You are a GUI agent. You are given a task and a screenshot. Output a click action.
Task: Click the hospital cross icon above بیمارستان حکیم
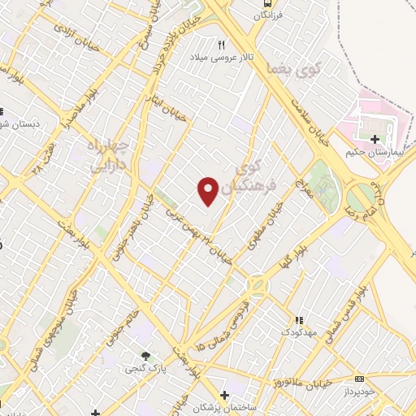pyautogui.click(x=375, y=139)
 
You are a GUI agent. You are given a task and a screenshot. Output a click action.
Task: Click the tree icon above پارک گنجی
pyautogui.click(x=145, y=356)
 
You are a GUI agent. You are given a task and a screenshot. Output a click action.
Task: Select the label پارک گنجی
pyautogui.click(x=145, y=368)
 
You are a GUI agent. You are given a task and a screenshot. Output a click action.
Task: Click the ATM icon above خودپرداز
pyautogui.click(x=360, y=378)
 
